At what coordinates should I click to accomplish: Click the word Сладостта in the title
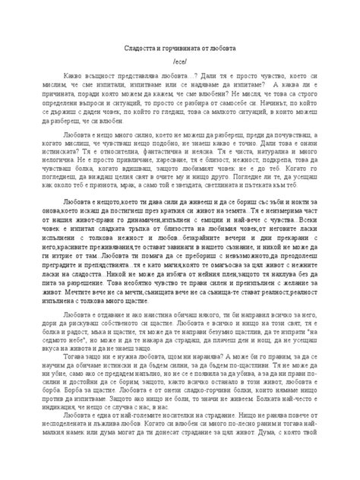(x=139, y=47)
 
